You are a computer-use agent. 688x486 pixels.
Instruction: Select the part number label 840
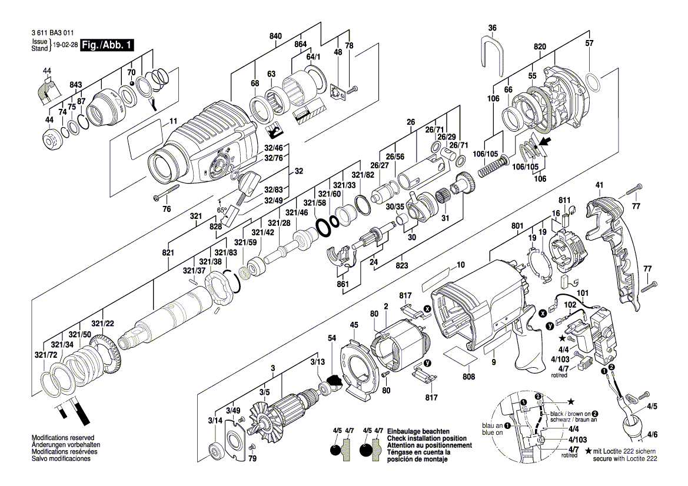click(275, 36)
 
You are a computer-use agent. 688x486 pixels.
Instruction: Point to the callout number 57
click(589, 44)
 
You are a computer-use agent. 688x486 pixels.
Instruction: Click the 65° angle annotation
click(222, 209)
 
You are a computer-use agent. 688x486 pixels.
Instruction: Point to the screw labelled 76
click(167, 192)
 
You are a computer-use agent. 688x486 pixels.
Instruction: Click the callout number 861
click(343, 285)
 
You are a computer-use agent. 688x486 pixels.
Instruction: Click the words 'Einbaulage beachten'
click(414, 431)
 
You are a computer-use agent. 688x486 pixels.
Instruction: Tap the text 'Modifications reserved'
click(63, 438)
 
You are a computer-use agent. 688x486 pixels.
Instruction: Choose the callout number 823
click(402, 265)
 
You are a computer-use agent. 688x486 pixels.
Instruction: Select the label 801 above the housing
click(517, 225)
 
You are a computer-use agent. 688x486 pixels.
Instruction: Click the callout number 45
click(354, 324)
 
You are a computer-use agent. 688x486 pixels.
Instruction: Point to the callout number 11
click(173, 122)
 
